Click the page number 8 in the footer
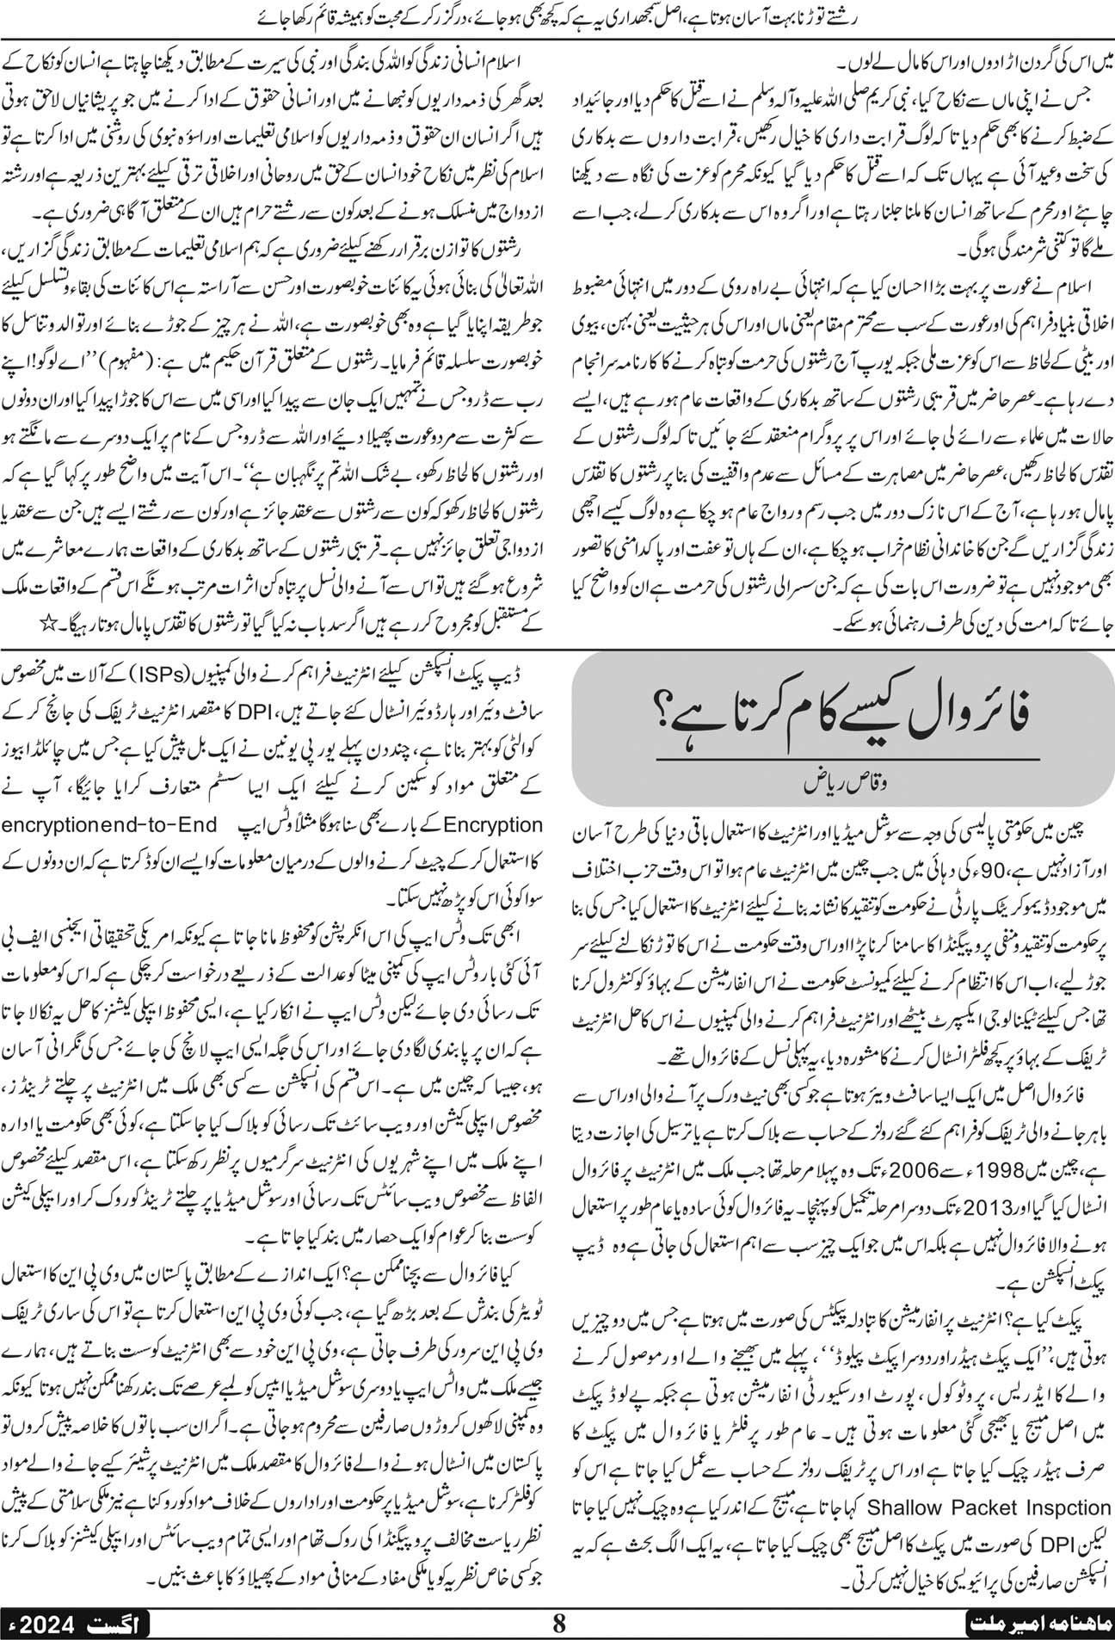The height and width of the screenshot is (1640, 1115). [x=559, y=1623]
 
